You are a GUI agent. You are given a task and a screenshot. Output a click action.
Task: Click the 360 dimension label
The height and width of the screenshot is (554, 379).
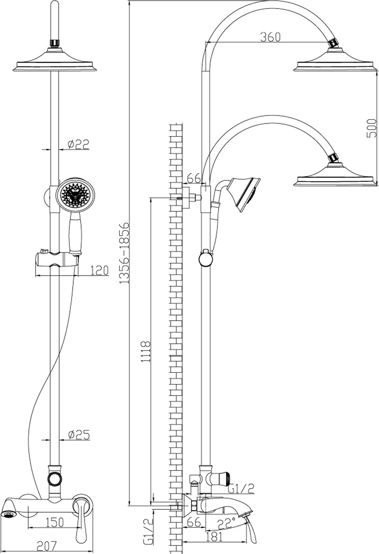pyautogui.click(x=270, y=37)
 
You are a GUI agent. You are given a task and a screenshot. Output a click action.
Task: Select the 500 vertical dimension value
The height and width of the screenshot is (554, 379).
pyautogui.click(x=371, y=128)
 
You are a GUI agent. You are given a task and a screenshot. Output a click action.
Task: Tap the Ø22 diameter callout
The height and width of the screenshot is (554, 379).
pyautogui.click(x=78, y=144)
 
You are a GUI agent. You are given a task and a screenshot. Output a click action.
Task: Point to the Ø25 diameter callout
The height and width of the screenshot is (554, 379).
pyautogui.click(x=79, y=435)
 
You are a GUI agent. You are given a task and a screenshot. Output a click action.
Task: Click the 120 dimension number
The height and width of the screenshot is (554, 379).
pyautogui.click(x=99, y=270)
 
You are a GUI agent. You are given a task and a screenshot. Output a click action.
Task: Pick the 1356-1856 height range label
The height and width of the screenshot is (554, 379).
pyautogui.click(x=123, y=253)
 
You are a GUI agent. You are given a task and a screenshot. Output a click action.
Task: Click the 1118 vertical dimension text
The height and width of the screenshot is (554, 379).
pyautogui.click(x=146, y=351)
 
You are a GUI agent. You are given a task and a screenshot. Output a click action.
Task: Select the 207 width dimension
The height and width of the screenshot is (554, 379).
pyautogui.click(x=47, y=546)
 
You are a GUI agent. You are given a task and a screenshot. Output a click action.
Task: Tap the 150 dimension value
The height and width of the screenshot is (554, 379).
pyautogui.click(x=55, y=522)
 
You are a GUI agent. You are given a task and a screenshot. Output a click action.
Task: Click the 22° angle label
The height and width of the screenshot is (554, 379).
pyautogui.click(x=226, y=522)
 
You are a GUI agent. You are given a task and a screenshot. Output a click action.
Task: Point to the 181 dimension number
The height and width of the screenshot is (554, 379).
pyautogui.click(x=214, y=537)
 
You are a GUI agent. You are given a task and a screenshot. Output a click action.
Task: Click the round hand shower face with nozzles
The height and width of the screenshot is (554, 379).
pyautogui.click(x=75, y=195)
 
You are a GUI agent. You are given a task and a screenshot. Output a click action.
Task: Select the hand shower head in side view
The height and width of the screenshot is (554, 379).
pyautogui.click(x=243, y=194)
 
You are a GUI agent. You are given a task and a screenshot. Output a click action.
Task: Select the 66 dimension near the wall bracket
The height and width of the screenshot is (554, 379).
pyautogui.click(x=193, y=178)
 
